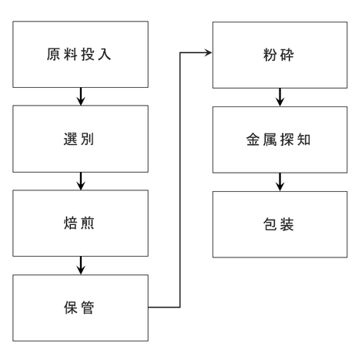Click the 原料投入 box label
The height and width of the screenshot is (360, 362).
tap(79, 55)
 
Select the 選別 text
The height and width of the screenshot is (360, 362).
tap(79, 139)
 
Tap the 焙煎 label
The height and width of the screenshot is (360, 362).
tap(79, 223)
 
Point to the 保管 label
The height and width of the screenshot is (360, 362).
tap(79, 308)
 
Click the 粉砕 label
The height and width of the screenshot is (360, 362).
tap(279, 55)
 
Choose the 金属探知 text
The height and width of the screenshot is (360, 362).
tap(279, 140)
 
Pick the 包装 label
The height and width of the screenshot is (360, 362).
tap(279, 224)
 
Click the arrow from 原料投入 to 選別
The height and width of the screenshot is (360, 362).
tap(81, 96)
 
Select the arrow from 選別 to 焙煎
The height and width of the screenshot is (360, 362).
tap(81, 181)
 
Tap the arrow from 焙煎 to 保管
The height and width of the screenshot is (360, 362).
tap(81, 265)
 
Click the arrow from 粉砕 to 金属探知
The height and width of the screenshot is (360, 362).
tap(280, 97)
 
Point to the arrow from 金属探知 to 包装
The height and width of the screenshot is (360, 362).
tap(280, 182)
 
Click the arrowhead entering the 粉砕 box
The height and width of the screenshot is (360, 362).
tap(209, 53)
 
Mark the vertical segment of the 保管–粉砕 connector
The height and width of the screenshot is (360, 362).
tap(180, 180)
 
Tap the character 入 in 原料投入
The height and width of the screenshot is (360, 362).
tap(104, 55)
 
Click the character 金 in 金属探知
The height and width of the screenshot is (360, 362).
tap(253, 140)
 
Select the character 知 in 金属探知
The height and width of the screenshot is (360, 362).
tap(304, 140)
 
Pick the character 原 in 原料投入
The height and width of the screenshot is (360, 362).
tap(53, 55)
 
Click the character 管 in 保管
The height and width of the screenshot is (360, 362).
tap(88, 308)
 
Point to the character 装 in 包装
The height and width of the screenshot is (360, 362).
tap(287, 224)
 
